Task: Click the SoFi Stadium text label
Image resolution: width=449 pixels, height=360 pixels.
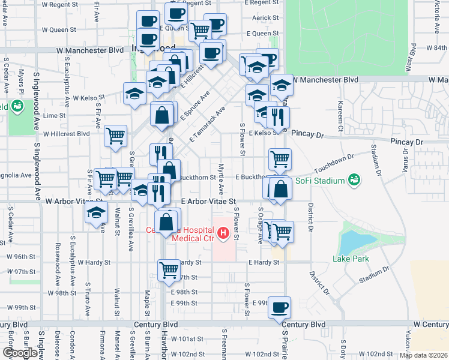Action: [x=322, y=181]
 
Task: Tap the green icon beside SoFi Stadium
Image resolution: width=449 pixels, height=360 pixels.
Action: [x=354, y=180]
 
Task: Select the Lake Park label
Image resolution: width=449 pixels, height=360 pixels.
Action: [x=351, y=259]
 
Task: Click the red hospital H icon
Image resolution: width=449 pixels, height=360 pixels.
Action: [x=223, y=233]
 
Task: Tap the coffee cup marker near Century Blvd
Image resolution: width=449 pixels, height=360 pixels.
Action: [x=280, y=308]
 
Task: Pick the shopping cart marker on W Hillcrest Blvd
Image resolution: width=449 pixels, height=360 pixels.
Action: [x=115, y=136]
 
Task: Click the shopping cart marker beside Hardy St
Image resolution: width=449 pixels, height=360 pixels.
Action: [x=169, y=269]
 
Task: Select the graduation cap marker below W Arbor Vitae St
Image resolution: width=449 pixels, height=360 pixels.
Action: [x=96, y=212]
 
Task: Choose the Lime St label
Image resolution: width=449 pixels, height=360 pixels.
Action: [x=54, y=115]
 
